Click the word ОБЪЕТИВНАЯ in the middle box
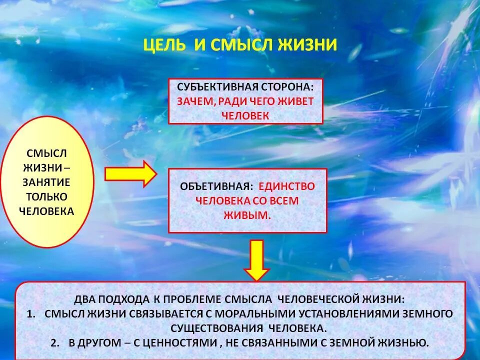point(215,186)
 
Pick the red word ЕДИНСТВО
point(286,186)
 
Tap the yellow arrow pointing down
point(256,260)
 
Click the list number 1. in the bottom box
point(31,314)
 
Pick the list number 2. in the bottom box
point(55,343)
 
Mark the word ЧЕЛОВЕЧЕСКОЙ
point(322,299)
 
